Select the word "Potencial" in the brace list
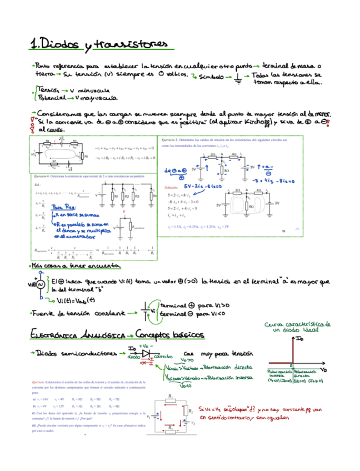[x=50, y=98]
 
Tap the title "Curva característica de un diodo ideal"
[x=298, y=326]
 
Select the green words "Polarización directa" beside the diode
[x=231, y=367]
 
